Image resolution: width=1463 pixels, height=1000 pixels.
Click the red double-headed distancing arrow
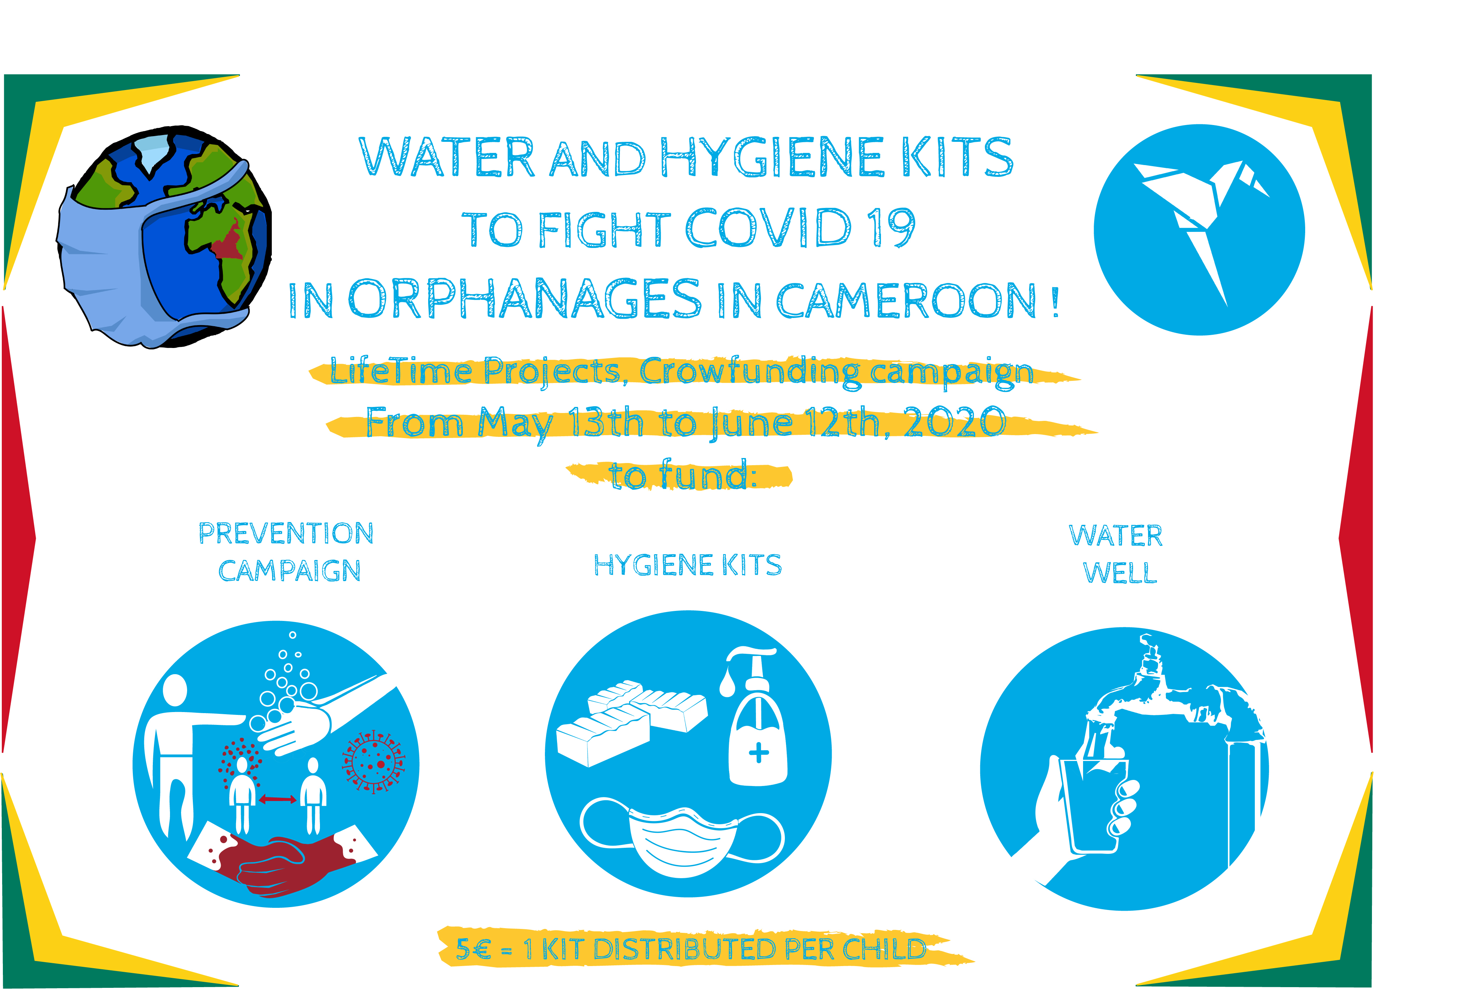277,799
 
